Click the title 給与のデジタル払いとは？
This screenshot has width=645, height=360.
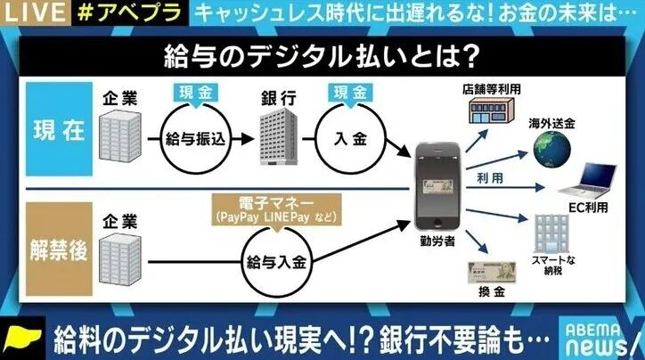(x=322, y=55)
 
